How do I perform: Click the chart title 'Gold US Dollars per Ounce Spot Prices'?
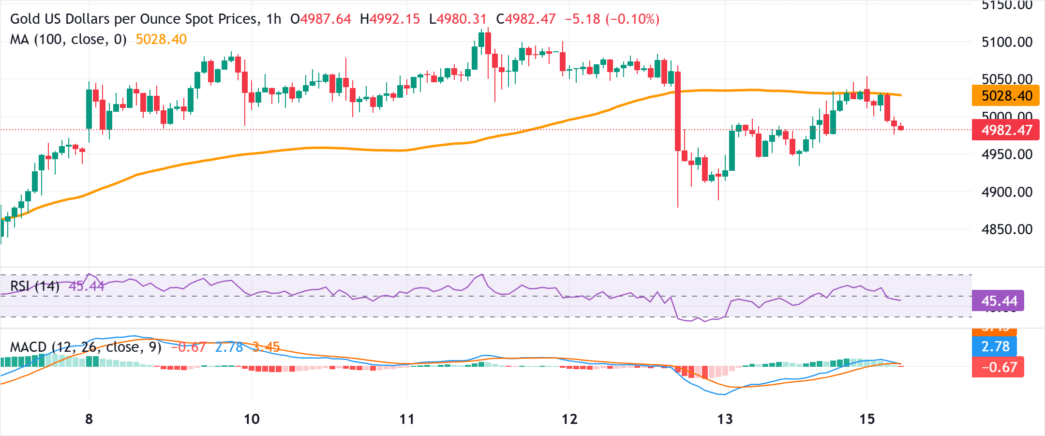[x=134, y=19]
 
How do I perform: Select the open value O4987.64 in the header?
[x=320, y=19]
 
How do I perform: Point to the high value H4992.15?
[x=390, y=19]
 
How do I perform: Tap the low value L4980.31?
[x=458, y=19]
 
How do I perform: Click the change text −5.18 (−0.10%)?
[x=612, y=19]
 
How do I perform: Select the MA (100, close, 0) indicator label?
[x=68, y=39]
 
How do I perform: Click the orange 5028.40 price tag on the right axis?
[x=1005, y=96]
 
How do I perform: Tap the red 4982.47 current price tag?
[x=1005, y=130]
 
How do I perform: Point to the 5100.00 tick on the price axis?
[x=1007, y=42]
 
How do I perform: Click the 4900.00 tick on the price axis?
[x=1007, y=192]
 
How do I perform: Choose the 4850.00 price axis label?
[x=1007, y=229]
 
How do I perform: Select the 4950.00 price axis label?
[x=1007, y=154]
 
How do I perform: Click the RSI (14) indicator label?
[x=35, y=286]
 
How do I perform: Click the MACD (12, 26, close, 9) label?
[x=86, y=347]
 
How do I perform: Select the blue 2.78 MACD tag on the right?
[x=994, y=346]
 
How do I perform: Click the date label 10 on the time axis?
[x=252, y=419]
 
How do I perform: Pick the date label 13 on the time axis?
[x=725, y=419]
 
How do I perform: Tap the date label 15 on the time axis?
[x=867, y=419]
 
